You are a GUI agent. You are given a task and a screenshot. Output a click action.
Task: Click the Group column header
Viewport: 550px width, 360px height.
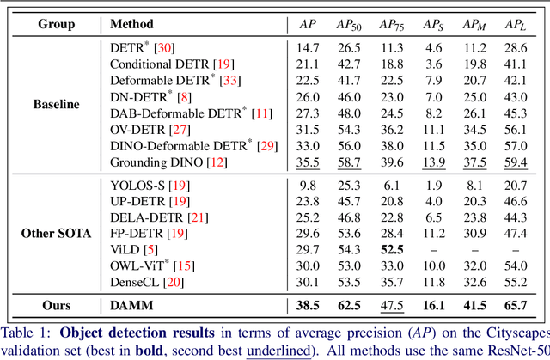click(x=57, y=24)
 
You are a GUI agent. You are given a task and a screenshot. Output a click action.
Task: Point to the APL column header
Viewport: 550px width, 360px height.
click(x=516, y=24)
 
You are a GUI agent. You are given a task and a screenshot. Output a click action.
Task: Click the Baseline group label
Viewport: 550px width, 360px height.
click(x=57, y=104)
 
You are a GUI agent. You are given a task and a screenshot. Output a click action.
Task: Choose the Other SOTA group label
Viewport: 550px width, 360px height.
click(x=57, y=232)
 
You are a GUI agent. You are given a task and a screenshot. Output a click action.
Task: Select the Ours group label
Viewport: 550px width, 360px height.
click(x=57, y=304)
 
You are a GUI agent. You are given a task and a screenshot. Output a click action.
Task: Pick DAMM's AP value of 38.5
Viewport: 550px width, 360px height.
click(x=296, y=304)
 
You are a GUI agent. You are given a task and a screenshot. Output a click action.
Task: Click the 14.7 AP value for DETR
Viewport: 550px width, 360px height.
click(x=296, y=47)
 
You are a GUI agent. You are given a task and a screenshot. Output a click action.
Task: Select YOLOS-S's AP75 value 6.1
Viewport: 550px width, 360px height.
click(x=392, y=184)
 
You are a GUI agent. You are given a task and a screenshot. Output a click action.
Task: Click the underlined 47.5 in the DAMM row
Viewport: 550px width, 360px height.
click(x=392, y=304)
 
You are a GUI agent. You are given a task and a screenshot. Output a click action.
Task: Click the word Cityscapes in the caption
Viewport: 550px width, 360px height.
click(x=512, y=331)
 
